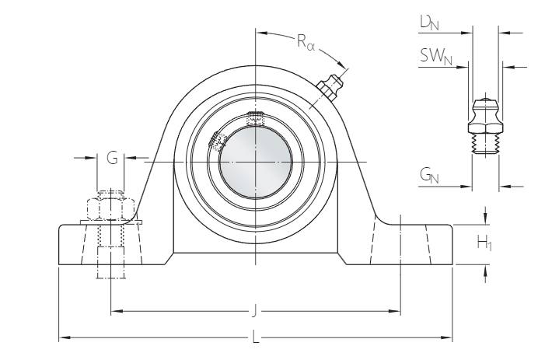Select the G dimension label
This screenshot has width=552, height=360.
pos(112,159)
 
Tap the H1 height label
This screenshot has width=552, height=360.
pos(484,244)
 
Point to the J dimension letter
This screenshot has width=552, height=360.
pos(255,313)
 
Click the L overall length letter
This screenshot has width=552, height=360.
pos(255,338)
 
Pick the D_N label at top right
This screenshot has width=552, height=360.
pos(429,24)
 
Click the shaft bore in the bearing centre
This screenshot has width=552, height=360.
pos(255,159)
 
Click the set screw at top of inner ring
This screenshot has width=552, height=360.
pos(255,118)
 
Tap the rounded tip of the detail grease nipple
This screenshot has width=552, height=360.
pos(486,102)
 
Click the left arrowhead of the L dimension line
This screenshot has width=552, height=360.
pos(63,338)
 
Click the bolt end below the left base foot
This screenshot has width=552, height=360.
pos(110,272)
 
